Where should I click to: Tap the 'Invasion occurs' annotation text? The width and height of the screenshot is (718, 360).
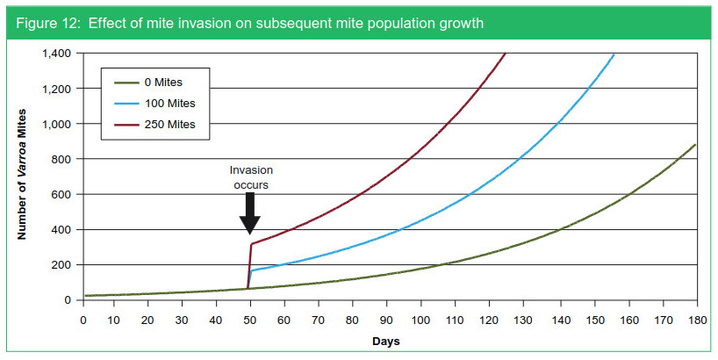point(250,179)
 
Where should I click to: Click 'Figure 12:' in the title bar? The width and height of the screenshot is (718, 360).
point(44,23)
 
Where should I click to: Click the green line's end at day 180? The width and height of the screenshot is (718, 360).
point(696,144)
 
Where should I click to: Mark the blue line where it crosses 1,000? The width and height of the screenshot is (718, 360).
point(557,124)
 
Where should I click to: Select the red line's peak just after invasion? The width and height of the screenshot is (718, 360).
point(252,244)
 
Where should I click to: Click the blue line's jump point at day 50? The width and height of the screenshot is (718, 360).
point(252,270)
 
